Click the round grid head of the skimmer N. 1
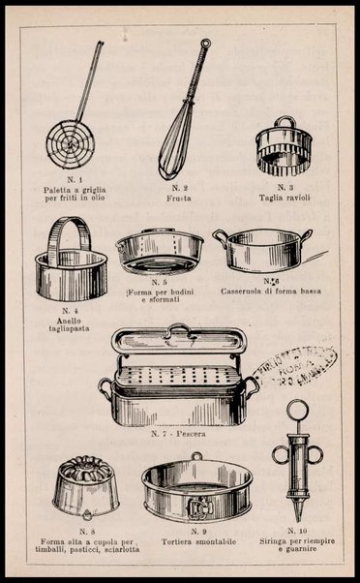(x=70, y=143)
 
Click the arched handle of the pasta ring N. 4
(x=70, y=237)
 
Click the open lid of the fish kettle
(x=178, y=340)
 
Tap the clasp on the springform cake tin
(x=198, y=503)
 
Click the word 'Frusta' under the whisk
(x=179, y=198)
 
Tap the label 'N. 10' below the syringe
(x=298, y=531)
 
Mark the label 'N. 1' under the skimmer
(x=75, y=181)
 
